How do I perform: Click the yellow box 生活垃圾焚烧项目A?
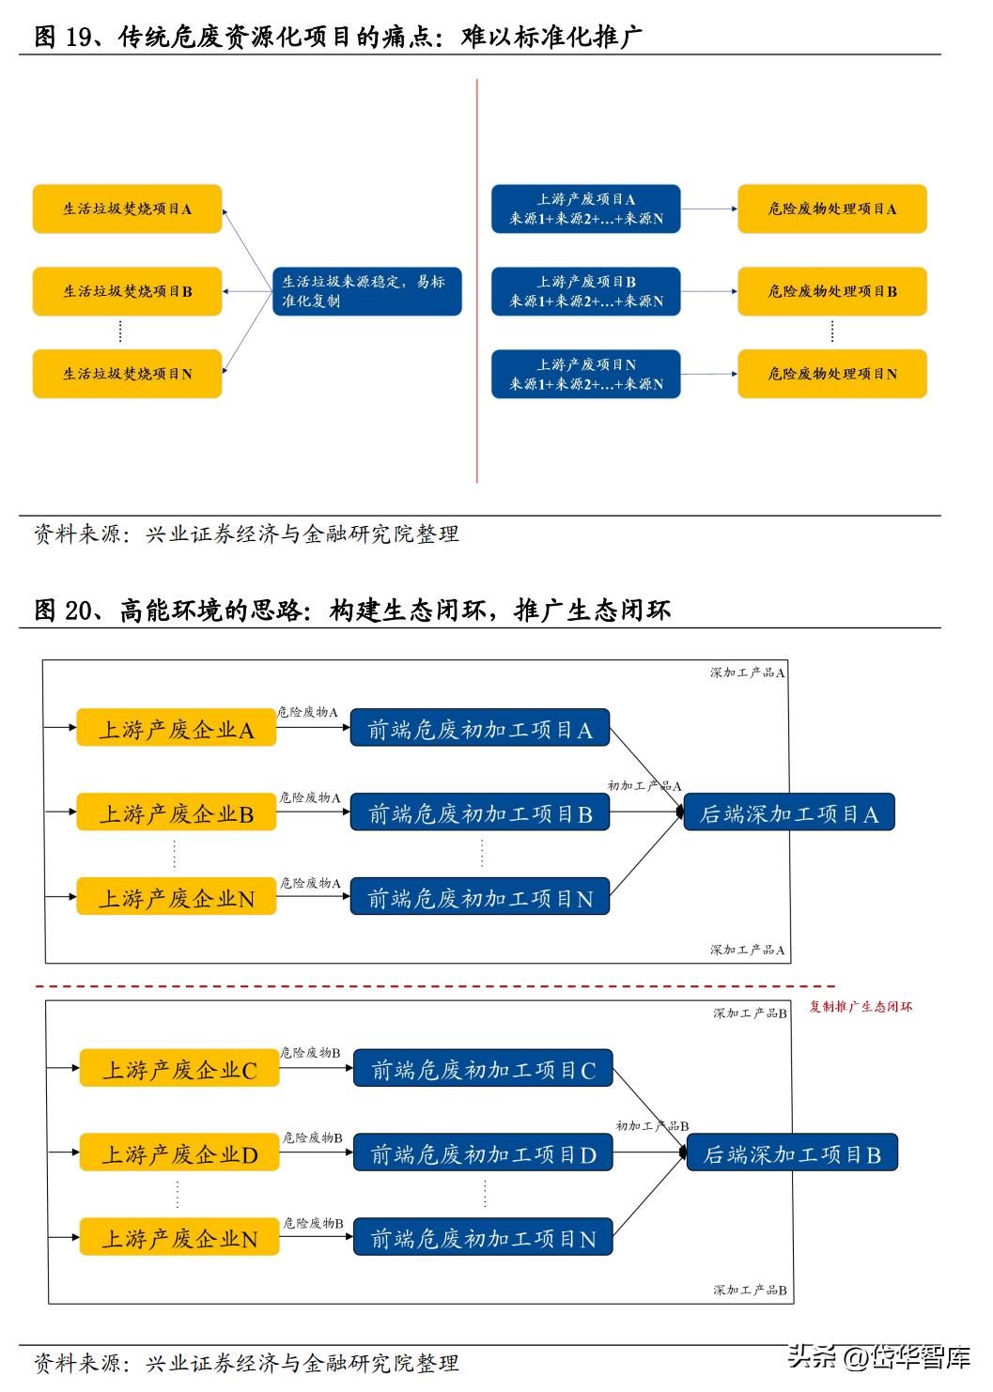click(128, 209)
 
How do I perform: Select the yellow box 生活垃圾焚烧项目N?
click(128, 374)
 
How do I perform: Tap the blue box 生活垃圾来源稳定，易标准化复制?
click(366, 291)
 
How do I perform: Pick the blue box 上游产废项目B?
click(585, 291)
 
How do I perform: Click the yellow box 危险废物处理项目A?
click(831, 209)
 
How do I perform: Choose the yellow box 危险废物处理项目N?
click(831, 374)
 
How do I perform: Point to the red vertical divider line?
click(477, 282)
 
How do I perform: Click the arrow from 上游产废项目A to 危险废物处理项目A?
click(708, 209)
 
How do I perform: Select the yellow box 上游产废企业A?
click(177, 730)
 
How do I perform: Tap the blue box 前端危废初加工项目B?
click(479, 813)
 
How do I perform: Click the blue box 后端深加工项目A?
click(789, 813)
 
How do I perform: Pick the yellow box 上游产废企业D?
click(179, 1154)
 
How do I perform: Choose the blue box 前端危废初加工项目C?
click(483, 1070)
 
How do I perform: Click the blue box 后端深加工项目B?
click(792, 1154)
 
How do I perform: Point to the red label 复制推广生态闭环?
click(861, 1007)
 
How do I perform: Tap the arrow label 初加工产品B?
click(652, 1125)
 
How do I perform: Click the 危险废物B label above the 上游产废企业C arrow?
click(311, 1053)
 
